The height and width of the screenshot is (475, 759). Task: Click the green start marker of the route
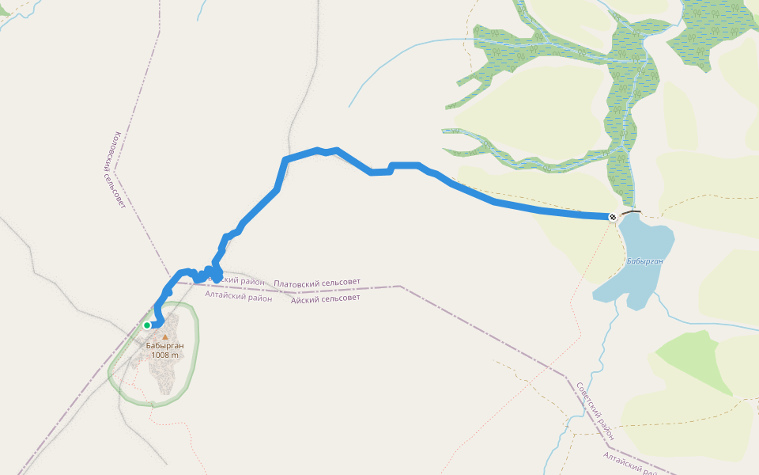click(147, 325)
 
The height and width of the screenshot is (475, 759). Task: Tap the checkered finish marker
click(613, 217)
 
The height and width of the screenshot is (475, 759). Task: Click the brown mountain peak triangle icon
click(165, 337)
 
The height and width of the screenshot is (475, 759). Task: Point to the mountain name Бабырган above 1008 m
click(165, 346)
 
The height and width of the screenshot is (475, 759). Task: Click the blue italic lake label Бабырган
click(644, 260)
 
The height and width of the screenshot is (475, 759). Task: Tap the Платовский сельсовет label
click(317, 283)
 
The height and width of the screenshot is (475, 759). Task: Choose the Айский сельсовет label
click(325, 298)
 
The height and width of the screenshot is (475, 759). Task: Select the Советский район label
click(595, 412)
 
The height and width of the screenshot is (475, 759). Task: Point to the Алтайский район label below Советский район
click(632, 462)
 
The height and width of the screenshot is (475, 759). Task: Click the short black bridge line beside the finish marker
click(631, 213)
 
